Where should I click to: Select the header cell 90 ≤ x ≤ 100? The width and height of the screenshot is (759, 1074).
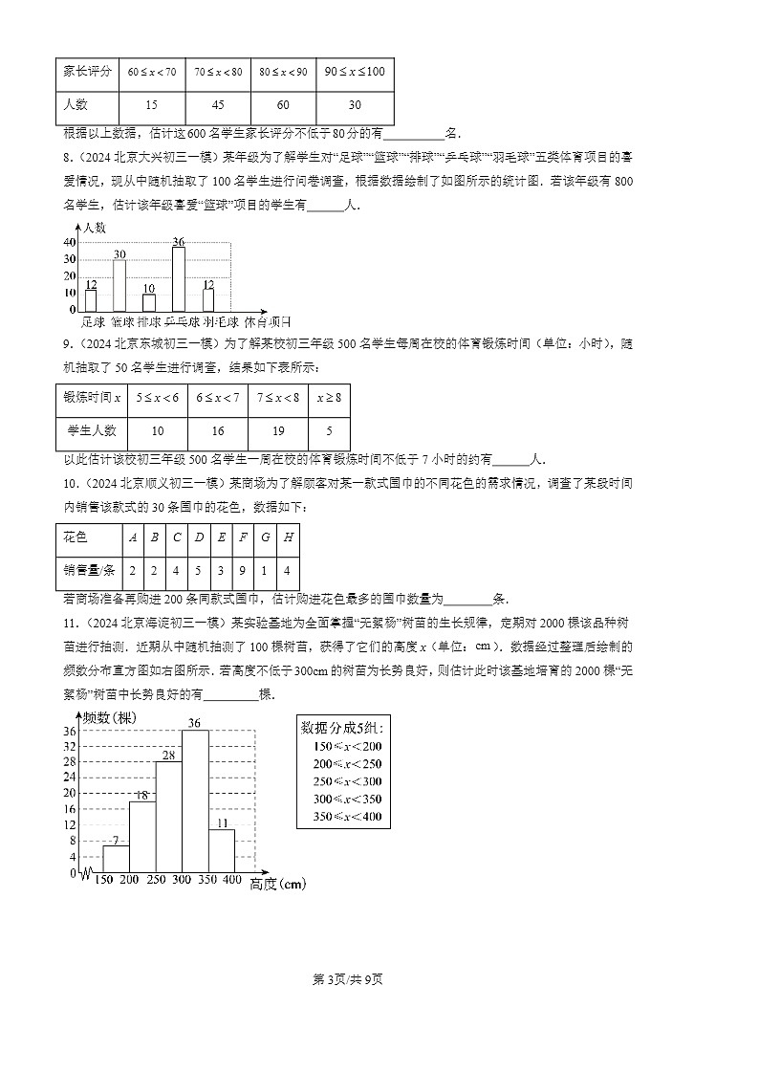(354, 72)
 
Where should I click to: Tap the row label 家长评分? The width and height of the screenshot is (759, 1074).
(88, 72)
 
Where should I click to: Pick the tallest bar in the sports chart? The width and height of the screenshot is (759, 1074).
(178, 278)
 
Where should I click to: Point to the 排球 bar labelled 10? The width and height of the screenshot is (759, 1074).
(148, 302)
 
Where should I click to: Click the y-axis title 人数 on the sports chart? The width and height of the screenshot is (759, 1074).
(94, 228)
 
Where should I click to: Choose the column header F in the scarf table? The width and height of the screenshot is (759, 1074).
(245, 537)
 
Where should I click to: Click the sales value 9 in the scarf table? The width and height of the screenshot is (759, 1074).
(245, 570)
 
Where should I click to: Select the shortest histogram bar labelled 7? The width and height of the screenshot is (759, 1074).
(116, 859)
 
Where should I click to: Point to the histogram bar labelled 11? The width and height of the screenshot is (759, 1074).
(221, 850)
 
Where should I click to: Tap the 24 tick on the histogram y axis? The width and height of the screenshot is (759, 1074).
(70, 777)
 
